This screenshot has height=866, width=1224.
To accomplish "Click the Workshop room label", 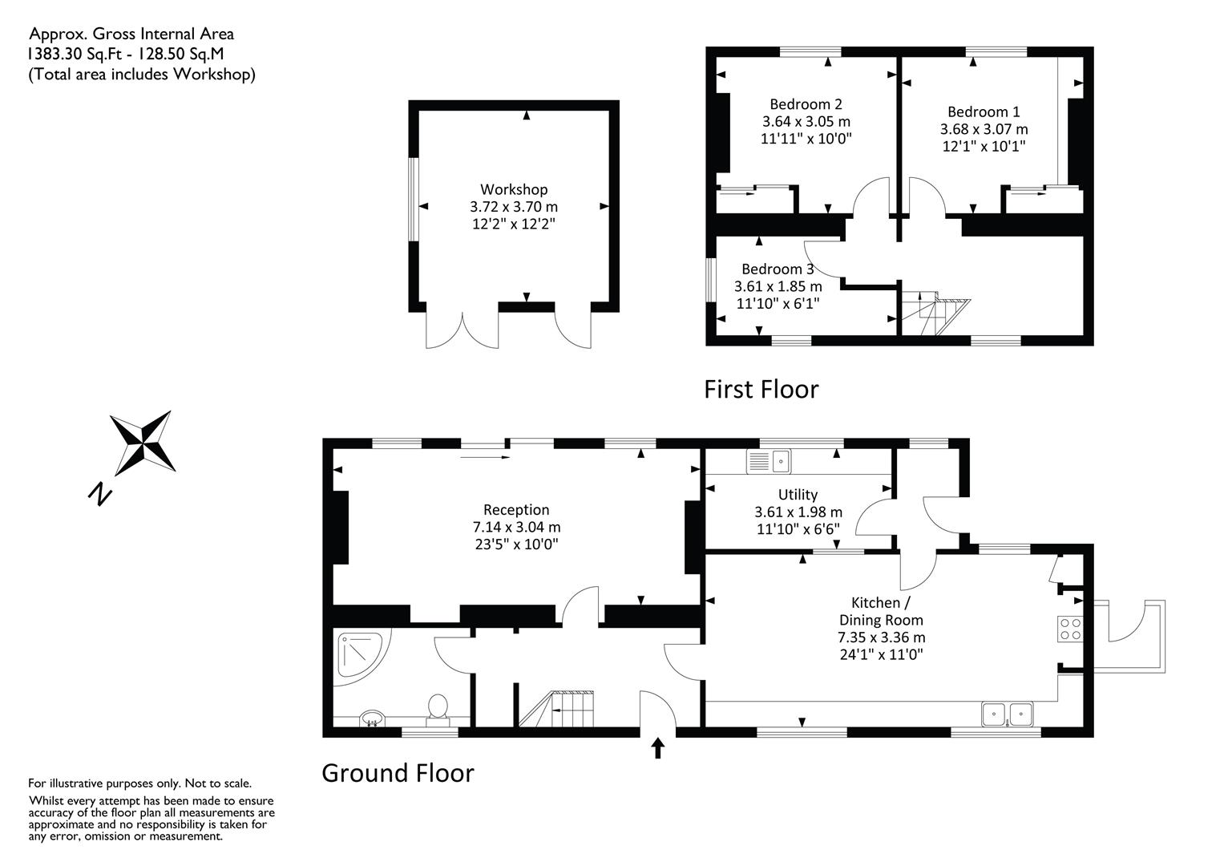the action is click(x=514, y=189).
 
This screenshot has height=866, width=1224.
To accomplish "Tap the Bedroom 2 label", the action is click(x=806, y=104).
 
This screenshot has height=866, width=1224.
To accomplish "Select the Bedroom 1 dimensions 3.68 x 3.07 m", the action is click(x=984, y=129).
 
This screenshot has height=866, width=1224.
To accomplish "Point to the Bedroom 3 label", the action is click(x=778, y=269).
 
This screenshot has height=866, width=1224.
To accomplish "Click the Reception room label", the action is click(x=516, y=510).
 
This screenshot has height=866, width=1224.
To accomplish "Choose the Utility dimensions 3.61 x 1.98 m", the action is click(x=798, y=512).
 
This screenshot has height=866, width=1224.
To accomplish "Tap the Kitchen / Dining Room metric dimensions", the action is click(x=882, y=637).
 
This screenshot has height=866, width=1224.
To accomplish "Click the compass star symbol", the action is click(x=143, y=443).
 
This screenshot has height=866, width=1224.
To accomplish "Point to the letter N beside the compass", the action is click(x=100, y=494).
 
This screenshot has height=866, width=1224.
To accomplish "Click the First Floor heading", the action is click(x=761, y=390).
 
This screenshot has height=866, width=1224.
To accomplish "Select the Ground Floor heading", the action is click(x=398, y=773).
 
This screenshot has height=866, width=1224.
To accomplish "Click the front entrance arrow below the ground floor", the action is click(x=658, y=748).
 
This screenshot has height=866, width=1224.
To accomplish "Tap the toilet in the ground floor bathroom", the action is click(x=438, y=710).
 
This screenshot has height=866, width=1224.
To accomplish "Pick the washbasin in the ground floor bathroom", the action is click(x=372, y=718).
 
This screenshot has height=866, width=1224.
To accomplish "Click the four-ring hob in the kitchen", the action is click(x=1070, y=628).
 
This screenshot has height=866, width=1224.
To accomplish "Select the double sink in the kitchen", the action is click(x=1007, y=714).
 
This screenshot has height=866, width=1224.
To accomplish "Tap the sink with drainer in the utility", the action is click(x=769, y=461).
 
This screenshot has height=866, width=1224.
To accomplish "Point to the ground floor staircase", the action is click(x=556, y=709).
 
